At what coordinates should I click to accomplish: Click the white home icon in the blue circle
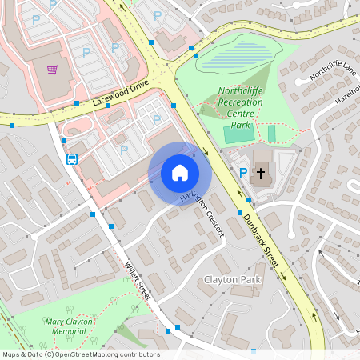(x=180, y=173)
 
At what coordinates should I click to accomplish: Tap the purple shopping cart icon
(x=53, y=70)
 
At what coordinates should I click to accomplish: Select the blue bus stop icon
(x=72, y=158)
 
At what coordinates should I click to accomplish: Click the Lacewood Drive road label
(x=121, y=98)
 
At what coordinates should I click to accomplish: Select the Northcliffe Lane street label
(x=330, y=74)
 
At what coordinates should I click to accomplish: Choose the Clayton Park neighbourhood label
(x=233, y=280)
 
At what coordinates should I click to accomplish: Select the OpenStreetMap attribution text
(x=80, y=354)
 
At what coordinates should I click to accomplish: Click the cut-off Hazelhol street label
(x=349, y=93)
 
